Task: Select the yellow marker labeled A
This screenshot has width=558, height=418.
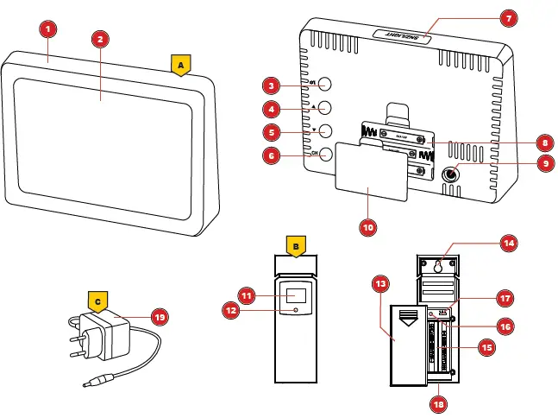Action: coord(180,66)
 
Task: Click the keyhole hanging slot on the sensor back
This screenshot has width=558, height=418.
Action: coord(441,267)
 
